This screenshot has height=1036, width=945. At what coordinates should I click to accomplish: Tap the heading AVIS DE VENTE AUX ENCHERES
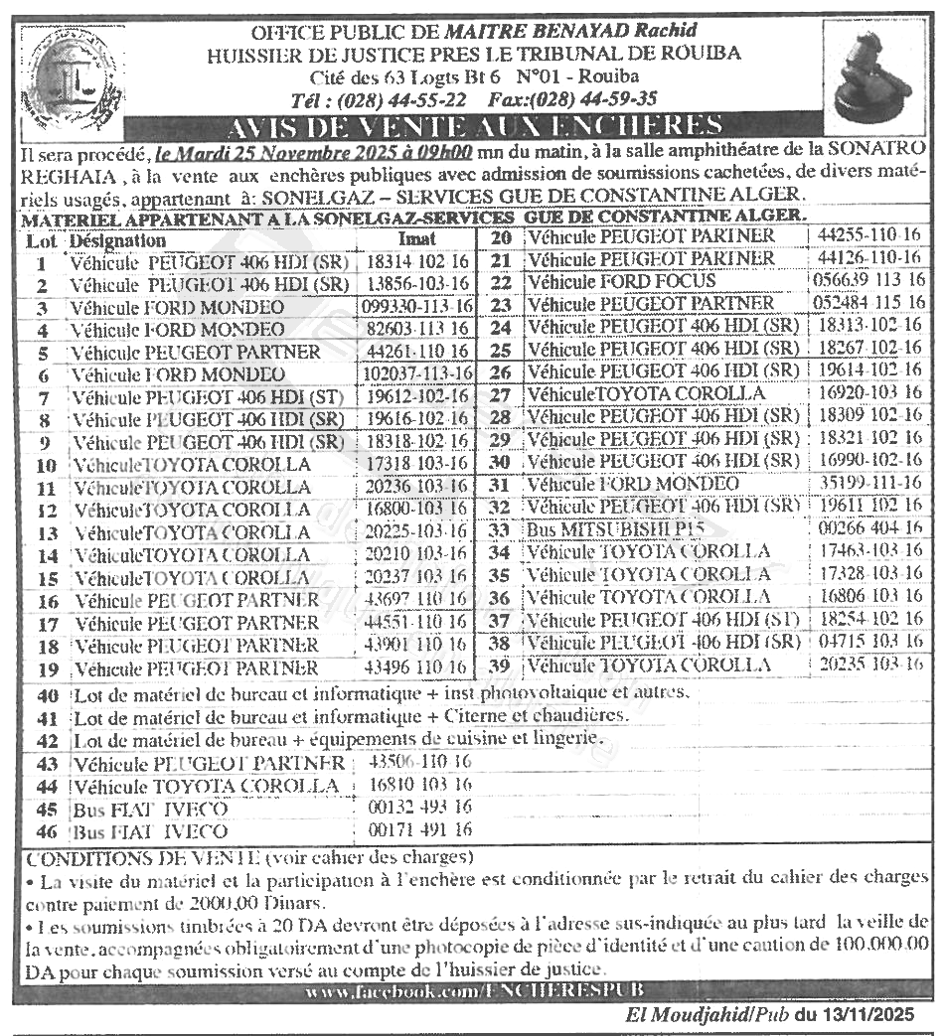(473, 126)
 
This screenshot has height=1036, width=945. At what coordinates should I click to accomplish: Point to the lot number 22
(502, 281)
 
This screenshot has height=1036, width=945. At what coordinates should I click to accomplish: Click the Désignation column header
(117, 241)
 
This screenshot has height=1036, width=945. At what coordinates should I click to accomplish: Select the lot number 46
(47, 832)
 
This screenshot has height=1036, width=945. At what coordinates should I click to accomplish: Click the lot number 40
(47, 694)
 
